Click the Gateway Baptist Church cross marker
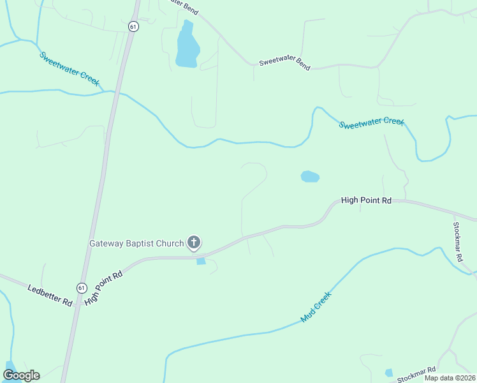tap(194, 243)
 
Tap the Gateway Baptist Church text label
tap(136, 243)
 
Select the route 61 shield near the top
tap(133, 26)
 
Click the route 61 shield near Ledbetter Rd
tap(81, 288)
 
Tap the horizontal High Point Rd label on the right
tap(366, 200)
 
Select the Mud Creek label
tap(317, 307)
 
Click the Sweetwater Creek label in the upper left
tap(70, 69)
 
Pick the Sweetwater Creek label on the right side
tap(372, 123)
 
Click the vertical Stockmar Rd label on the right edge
tap(457, 241)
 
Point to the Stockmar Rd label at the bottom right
tap(416, 375)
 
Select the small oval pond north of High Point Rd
tap(310, 177)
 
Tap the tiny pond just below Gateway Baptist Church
tap(202, 261)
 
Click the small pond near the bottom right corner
tap(389, 373)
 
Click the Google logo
tap(21, 375)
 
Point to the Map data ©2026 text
tap(450, 378)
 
